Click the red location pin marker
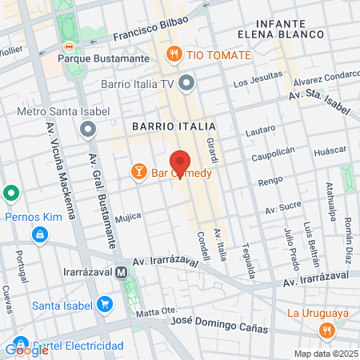click(180, 162)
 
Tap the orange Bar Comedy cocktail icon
click(138, 172)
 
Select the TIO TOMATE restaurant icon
click(174, 54)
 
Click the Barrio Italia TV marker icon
click(187, 83)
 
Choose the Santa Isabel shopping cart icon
click(104, 305)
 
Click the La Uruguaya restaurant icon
click(326, 330)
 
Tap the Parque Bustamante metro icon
click(70, 46)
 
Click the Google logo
click(26, 350)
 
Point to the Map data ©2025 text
click(325, 353)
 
